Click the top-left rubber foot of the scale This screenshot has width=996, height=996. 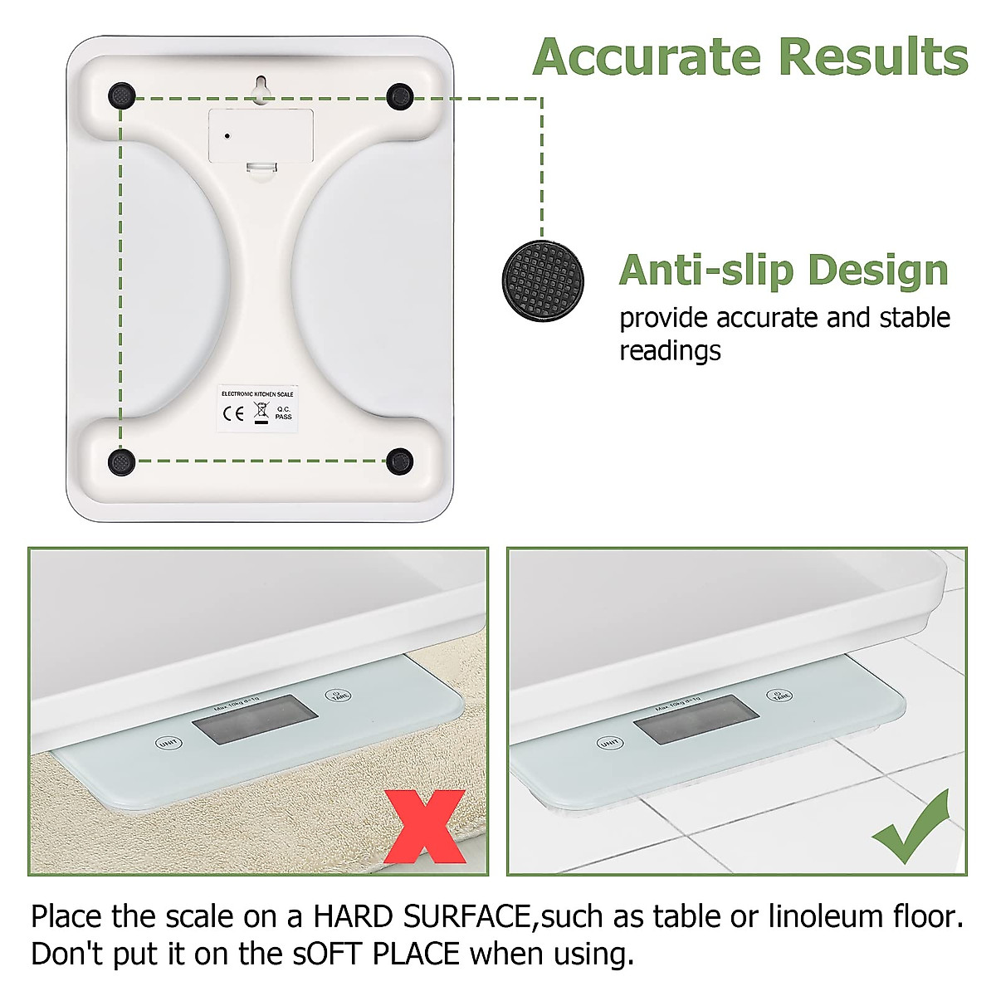click(x=122, y=96)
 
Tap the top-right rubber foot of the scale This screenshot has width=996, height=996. click(x=400, y=96)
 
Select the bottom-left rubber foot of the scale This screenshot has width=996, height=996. click(x=122, y=461)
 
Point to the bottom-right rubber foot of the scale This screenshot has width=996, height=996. click(x=400, y=461)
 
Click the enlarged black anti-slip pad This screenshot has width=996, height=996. click(x=543, y=280)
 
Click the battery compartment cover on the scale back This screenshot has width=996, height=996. click(x=261, y=135)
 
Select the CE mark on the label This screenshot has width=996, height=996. click(x=234, y=413)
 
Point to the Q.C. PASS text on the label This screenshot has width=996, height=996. click(x=284, y=413)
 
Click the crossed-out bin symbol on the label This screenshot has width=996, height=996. click(x=260, y=411)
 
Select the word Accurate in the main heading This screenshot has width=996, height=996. click(x=647, y=57)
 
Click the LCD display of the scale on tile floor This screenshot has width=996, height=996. click(x=696, y=719)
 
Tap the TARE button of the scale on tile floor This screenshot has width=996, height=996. click(x=779, y=695)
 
